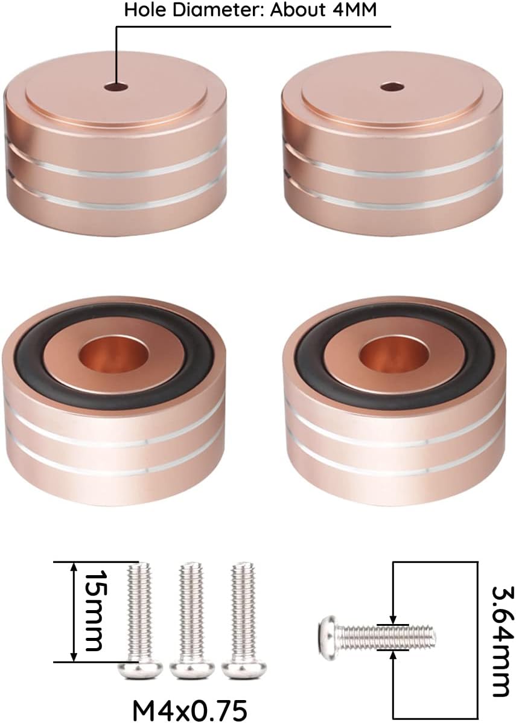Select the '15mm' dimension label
click(x=93, y=611)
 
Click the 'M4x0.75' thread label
click(x=190, y=710)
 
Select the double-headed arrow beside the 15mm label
click(x=73, y=611)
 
